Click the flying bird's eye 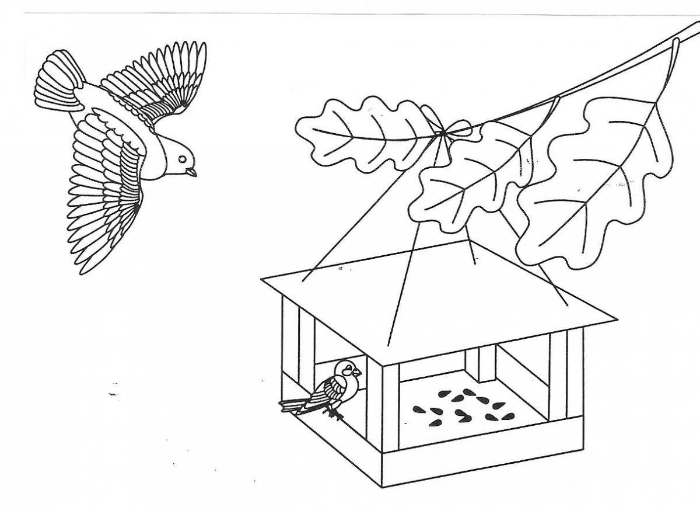[x=183, y=158]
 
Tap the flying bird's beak [x=192, y=172]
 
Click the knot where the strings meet [x=443, y=134]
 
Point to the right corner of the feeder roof [x=616, y=320]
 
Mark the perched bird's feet [x=334, y=414]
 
